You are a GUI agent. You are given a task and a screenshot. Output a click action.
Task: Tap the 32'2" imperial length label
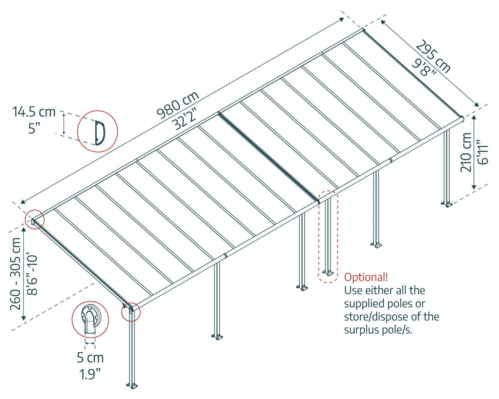[x=185, y=118]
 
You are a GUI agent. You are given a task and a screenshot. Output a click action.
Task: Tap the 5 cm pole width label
[x=90, y=357]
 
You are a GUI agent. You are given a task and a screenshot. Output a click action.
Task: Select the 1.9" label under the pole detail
[x=90, y=374]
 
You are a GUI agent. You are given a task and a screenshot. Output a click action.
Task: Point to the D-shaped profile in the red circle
[x=98, y=132]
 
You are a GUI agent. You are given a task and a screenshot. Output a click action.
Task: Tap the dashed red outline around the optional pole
[x=328, y=236]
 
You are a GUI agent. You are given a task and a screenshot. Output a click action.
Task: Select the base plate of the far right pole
[x=446, y=203]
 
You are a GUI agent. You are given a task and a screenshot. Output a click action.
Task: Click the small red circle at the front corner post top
[x=131, y=312]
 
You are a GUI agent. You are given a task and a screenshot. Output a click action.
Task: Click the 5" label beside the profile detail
[x=35, y=128]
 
